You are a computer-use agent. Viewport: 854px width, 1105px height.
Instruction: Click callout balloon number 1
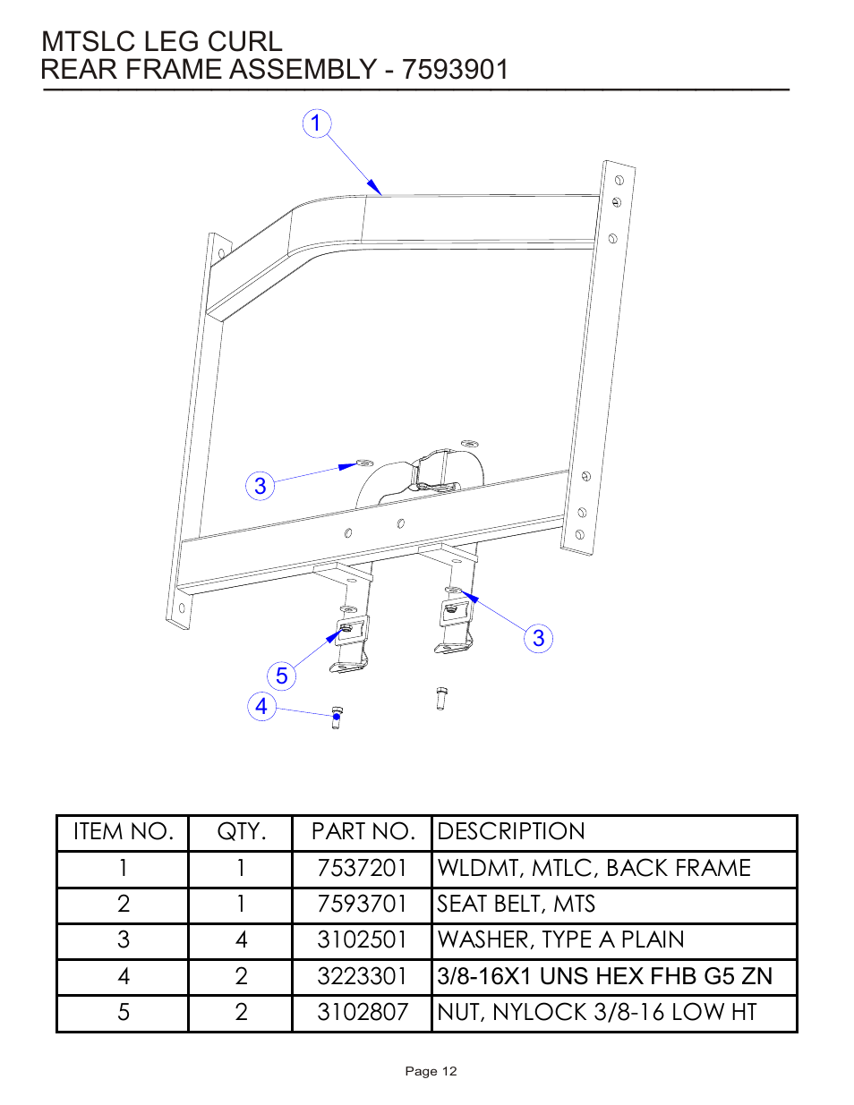point(316,123)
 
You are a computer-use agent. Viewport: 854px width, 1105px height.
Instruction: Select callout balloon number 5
point(282,676)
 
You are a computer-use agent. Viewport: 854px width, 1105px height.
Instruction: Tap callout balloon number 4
point(261,706)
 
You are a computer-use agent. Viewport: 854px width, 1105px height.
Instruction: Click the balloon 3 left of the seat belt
point(260,486)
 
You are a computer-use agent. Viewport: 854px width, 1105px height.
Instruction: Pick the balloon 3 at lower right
point(538,638)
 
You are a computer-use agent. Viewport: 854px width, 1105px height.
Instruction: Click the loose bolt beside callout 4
point(337,717)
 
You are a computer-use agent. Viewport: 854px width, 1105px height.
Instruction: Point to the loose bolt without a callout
point(441,698)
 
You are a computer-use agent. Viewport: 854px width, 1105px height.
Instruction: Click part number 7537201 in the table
point(362,868)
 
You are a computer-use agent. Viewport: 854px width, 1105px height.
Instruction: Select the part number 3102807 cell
point(362,1012)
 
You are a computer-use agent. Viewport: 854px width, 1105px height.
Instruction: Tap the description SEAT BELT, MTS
point(517,904)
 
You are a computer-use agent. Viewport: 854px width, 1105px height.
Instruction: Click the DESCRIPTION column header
point(511,831)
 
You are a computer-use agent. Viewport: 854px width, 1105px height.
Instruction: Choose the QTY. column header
point(241,831)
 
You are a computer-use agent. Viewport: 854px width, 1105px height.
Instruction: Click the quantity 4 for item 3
point(241,939)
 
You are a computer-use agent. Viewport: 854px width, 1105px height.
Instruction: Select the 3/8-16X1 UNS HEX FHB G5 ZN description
point(604,976)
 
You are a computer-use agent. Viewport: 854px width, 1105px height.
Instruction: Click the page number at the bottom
point(431,1071)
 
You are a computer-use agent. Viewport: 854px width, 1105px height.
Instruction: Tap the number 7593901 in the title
point(455,69)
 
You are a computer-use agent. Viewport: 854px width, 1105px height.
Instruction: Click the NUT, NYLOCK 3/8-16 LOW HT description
point(597,1012)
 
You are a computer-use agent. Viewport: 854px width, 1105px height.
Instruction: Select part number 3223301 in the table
point(362,976)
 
